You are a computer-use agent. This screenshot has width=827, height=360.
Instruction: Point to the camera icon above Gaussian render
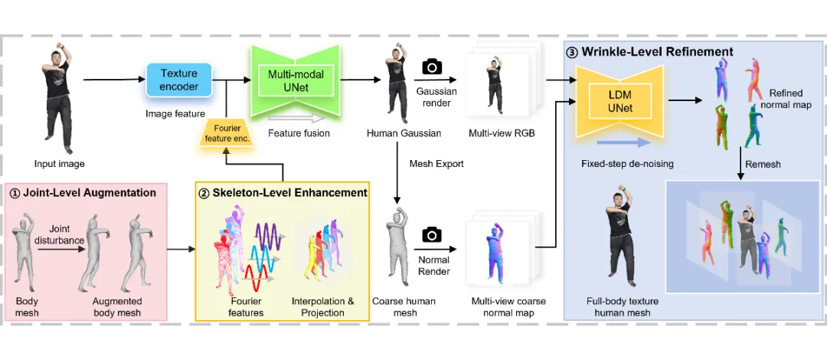coord(432,67)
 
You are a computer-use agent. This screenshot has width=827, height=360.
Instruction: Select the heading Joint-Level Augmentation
coord(88,192)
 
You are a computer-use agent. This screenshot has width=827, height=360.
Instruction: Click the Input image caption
coord(59,164)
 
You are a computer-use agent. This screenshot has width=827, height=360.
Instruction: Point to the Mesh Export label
coord(436,164)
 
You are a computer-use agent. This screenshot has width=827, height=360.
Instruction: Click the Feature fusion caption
coord(299,133)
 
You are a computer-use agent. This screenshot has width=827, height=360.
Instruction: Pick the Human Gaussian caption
coord(395,133)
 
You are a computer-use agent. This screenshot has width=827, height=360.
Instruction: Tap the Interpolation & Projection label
coord(323,306)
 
